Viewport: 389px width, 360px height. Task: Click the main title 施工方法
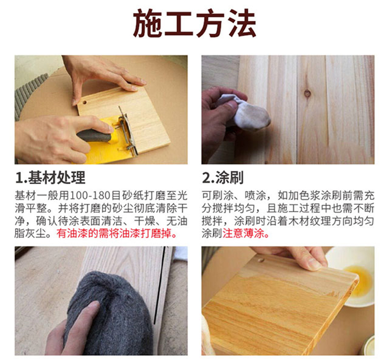(195, 23)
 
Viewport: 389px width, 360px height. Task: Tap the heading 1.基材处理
(50, 177)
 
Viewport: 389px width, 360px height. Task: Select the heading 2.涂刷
(223, 177)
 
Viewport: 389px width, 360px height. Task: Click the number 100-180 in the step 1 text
(90, 196)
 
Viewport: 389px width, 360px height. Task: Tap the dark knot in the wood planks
(308, 93)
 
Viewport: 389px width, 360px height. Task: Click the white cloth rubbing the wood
(248, 113)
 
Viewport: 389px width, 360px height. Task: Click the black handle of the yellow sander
(94, 136)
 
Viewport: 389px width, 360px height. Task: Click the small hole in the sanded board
(85, 102)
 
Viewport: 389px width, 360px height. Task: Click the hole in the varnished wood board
(260, 260)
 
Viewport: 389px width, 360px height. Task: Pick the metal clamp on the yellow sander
(126, 131)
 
